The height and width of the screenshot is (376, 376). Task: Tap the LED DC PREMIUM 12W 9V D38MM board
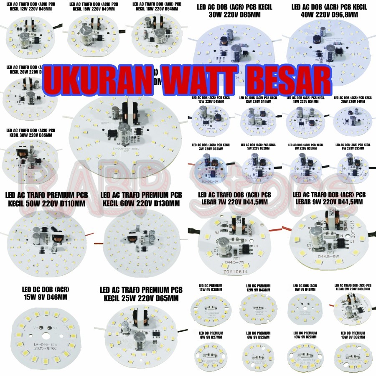tap(211, 310)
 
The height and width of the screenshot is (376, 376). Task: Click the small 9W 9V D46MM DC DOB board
tap(305, 308)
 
